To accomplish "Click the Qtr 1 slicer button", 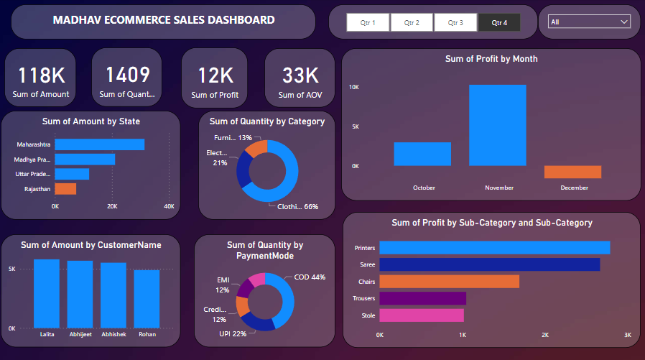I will click(x=368, y=23).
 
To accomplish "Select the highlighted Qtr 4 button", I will click(x=499, y=23).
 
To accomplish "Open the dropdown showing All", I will click(x=589, y=22).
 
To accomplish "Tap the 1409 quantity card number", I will click(x=127, y=75).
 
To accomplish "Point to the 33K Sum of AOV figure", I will click(x=300, y=75).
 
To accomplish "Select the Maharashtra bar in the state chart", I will click(x=100, y=144).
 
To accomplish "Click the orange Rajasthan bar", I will click(x=65, y=189).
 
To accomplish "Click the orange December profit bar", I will click(x=572, y=172).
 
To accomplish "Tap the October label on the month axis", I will click(x=424, y=188).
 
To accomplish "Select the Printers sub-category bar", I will click(x=494, y=248).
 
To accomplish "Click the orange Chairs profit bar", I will click(x=449, y=282).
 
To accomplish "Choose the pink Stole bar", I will click(x=422, y=315).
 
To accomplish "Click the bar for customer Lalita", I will click(x=47, y=293).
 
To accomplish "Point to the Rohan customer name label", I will click(x=147, y=334).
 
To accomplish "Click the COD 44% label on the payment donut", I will click(x=310, y=277).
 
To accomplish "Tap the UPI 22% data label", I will click(x=233, y=334).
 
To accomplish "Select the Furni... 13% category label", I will click(x=233, y=138).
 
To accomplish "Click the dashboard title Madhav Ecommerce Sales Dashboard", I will click(x=164, y=20).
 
